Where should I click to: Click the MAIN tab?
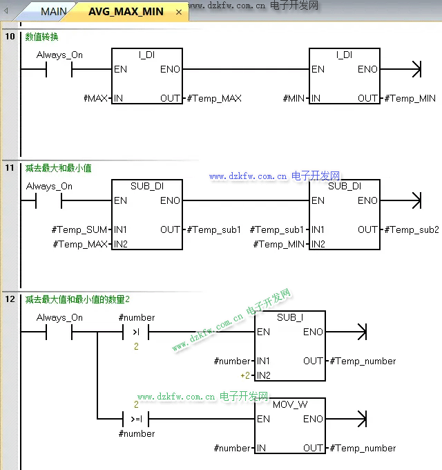(53, 12)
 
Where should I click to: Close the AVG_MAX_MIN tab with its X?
(179, 12)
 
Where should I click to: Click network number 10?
(10, 36)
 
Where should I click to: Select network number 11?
(10, 167)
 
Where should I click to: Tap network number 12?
(10, 299)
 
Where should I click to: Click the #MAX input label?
(95, 98)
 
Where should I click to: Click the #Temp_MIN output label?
(410, 98)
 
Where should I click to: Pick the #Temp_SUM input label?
(79, 229)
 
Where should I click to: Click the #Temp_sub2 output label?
(412, 229)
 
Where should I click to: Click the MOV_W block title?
(290, 404)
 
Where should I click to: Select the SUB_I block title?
(289, 317)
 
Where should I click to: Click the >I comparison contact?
(136, 332)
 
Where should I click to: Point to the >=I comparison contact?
(136, 419)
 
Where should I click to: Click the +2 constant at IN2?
(244, 375)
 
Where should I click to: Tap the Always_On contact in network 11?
(49, 201)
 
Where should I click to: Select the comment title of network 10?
(41, 37)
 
